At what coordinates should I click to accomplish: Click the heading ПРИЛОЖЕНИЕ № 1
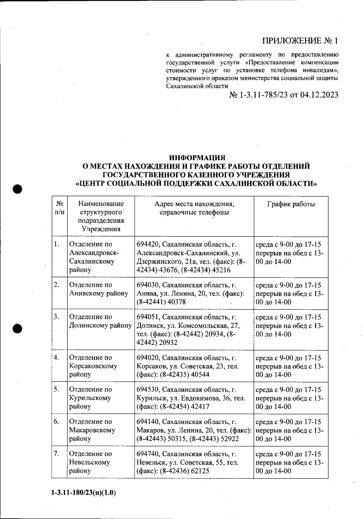point(300,41)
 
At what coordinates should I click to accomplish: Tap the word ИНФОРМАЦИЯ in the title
point(197,158)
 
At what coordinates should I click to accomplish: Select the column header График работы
point(291,204)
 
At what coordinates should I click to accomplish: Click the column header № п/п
point(59,208)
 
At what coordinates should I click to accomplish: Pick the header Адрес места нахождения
point(194,204)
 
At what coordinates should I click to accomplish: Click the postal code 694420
point(147,244)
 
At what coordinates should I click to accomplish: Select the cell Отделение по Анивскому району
point(99,289)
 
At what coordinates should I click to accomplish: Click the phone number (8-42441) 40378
point(161,302)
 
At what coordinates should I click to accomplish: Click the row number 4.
point(56,358)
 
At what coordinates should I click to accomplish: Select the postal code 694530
point(147,390)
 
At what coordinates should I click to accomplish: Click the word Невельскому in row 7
point(90,462)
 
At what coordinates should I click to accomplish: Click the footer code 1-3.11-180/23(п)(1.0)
point(84,493)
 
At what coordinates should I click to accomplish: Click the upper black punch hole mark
point(18,189)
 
